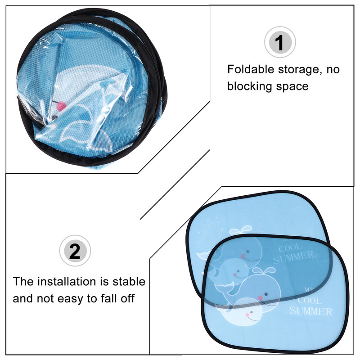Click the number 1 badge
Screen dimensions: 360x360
(280, 42)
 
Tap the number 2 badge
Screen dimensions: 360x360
(75, 251)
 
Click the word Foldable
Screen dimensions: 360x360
(251, 69)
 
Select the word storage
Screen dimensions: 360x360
(300, 70)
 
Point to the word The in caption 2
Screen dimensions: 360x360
(23, 282)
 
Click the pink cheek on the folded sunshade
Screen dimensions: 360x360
(61, 106)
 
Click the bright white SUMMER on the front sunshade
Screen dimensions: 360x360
(310, 311)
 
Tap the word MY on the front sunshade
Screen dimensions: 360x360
(309, 290)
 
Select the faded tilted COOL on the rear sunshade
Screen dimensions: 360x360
(290, 248)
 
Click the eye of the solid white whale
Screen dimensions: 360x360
(252, 312)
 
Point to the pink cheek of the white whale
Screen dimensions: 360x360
(247, 315)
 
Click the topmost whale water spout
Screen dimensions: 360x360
(241, 229)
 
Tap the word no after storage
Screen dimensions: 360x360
(333, 70)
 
